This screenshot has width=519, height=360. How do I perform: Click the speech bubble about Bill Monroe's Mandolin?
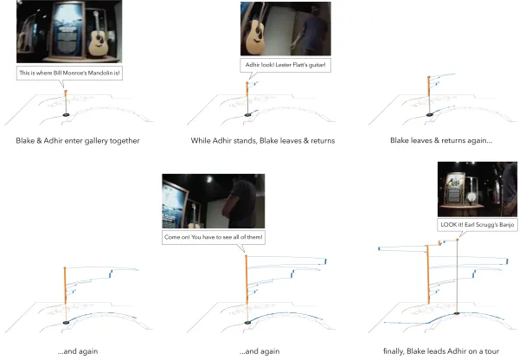69,74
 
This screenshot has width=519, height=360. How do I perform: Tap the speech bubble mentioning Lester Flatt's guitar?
285,65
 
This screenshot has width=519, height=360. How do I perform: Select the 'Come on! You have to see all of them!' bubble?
214,237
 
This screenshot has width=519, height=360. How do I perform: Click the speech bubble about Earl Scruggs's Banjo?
477,225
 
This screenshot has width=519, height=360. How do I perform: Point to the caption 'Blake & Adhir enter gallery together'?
78,141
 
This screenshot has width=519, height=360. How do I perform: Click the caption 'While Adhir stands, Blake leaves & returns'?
263,141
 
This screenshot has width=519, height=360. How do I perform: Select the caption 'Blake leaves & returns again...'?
441,140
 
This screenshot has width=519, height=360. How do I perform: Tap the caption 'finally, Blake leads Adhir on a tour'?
441,351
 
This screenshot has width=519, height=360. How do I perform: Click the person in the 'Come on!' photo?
239,202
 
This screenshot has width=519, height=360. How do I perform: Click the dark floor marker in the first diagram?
67,114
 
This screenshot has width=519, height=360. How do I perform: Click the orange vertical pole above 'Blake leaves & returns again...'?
429,87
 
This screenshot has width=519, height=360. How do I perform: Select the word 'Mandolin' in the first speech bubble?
102,73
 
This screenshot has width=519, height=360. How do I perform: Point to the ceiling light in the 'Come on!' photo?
209,179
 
